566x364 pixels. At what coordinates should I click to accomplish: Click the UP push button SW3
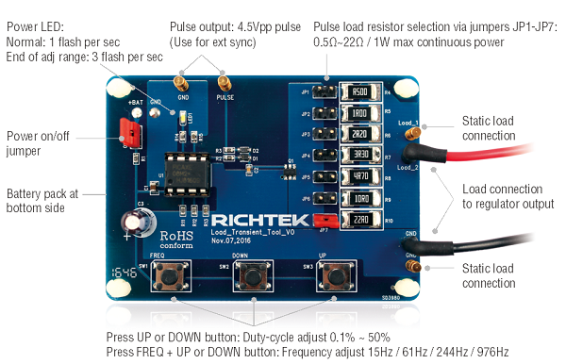pos(335,277)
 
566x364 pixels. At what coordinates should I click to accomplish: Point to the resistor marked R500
pos(358,92)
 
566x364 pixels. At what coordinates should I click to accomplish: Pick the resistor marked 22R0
pos(358,220)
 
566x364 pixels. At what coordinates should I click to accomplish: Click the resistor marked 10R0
pos(358,199)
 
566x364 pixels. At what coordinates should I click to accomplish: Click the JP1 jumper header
pos(322,92)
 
